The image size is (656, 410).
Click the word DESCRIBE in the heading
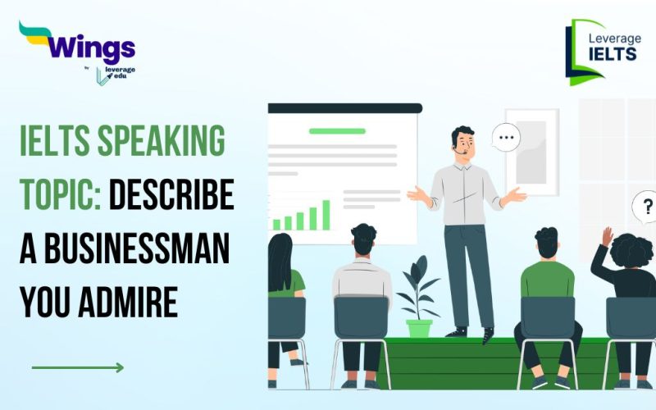tap(171, 196)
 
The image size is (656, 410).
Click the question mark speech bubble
tap(645, 207)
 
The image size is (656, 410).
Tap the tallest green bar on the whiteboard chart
tap(326, 215)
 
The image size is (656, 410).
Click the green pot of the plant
tap(419, 327)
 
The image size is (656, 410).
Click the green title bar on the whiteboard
tap(337, 131)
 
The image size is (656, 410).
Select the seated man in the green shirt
tap(547, 271)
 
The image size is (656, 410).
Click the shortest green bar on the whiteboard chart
tap(276, 224)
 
